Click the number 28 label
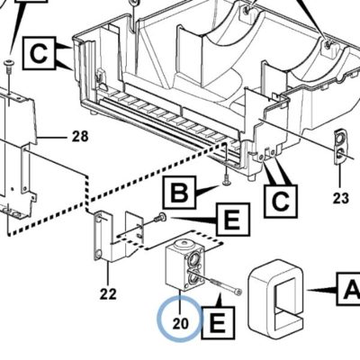pos(80,137)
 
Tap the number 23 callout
pos(340,198)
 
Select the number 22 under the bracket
pos(108,294)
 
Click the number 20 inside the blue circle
pos(180,323)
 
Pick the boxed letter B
pos(179,193)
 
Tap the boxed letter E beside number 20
pos(218,323)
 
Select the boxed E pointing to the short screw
pos(233,220)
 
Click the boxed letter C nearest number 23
pos(281,202)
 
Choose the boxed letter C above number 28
pos(39,54)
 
